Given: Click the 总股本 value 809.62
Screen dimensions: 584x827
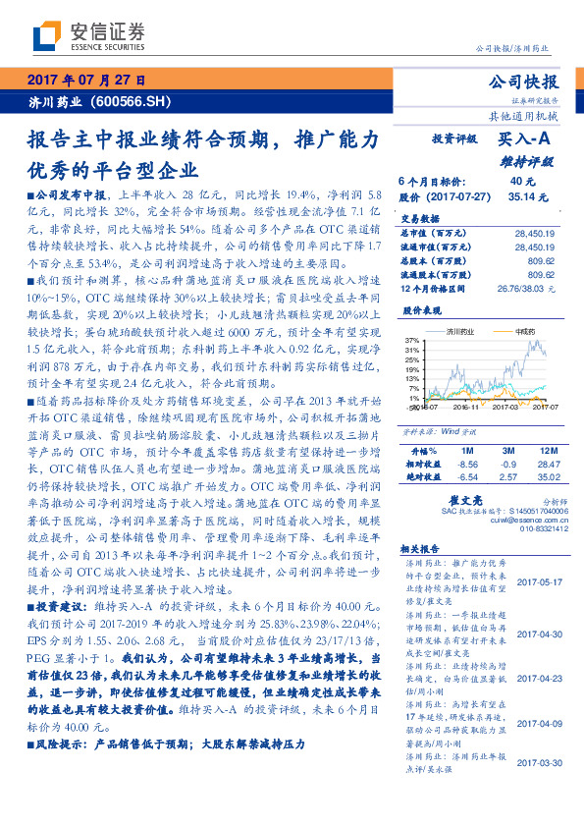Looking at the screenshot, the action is pyautogui.click(x=540, y=261).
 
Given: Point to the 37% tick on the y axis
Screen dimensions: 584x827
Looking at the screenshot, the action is pyautogui.click(x=410, y=340).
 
